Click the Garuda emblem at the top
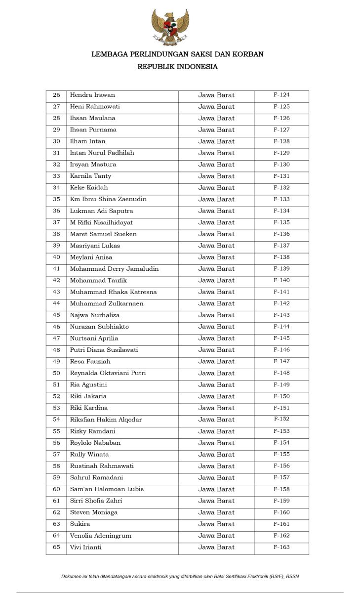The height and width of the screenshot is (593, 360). pos(170,28)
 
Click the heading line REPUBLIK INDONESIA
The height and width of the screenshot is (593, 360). pos(177,67)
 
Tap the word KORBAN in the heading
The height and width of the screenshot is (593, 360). pos(247,54)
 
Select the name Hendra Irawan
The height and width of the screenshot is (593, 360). pos(92,95)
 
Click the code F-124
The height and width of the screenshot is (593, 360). pos(281,95)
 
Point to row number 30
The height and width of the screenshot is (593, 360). pos(56,141)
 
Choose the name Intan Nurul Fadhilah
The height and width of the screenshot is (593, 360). pos(102,153)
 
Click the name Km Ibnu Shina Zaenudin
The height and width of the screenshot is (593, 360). pos(108,199)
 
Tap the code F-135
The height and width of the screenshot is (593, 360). pos(281,222)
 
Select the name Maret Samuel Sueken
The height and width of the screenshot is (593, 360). pos(103,234)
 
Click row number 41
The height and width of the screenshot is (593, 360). pos(56,269)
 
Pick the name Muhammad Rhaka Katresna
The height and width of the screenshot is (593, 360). pos(113,292)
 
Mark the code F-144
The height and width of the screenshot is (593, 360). pos(281,327)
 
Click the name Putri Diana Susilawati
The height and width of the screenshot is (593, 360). pos(104,350)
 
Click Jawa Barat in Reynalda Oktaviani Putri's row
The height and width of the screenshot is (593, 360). pos(216,373)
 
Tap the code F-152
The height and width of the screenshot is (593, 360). pos(281,419)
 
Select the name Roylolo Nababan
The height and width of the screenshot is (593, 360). pos(95,443)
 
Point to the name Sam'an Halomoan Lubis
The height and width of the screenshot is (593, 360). pos(107,489)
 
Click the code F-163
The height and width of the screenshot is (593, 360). pos(281,547)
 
